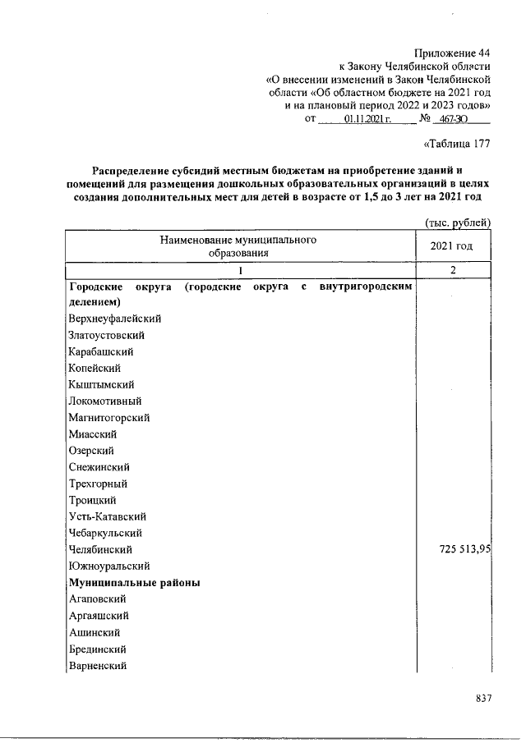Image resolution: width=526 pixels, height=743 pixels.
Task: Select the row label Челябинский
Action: click(100, 549)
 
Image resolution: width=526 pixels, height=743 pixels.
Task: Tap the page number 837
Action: click(483, 698)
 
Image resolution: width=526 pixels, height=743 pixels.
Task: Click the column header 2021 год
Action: click(452, 246)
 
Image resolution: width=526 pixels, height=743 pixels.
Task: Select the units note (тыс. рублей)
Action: click(457, 222)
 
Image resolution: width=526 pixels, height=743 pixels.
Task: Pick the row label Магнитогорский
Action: click(108, 417)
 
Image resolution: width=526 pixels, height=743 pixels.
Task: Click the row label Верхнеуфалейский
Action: click(115, 318)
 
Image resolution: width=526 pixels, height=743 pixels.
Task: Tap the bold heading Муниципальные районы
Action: click(136, 582)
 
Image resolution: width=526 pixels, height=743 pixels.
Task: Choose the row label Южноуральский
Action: click(108, 566)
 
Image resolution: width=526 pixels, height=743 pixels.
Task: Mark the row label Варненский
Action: click(98, 665)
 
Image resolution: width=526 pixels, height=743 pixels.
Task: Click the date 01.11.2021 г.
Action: click(363, 119)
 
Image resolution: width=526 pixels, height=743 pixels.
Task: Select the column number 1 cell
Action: click(240, 270)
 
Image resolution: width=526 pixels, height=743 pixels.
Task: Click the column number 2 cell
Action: click(452, 270)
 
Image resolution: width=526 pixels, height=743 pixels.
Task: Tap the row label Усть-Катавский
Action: click(108, 516)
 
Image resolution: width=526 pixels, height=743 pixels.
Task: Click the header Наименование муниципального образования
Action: click(239, 246)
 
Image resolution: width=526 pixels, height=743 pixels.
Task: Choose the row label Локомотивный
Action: click(105, 401)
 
